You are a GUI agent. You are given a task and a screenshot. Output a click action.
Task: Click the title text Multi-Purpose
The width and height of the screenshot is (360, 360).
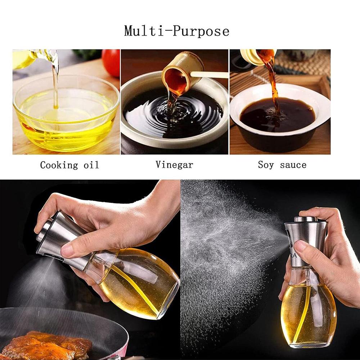tap(177, 31)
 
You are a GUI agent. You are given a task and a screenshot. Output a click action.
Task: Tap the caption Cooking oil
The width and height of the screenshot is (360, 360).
tap(69, 165)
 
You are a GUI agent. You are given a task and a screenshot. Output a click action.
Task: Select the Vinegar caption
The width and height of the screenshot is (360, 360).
tap(174, 165)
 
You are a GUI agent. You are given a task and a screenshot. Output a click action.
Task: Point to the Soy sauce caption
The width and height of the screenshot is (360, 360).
tap(282, 165)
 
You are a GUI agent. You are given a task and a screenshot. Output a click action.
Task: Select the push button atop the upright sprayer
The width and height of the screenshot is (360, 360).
tap(305, 219)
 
